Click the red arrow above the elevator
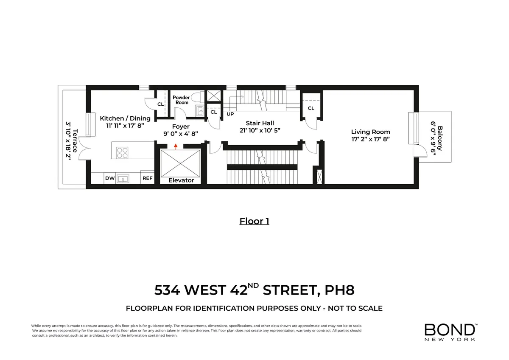[x=176, y=147]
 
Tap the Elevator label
[x=181, y=180]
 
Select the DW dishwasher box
[x=109, y=178]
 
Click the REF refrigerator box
[x=147, y=178]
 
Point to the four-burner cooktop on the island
[x=123, y=152]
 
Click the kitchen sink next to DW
[x=123, y=179]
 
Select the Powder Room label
[x=181, y=100]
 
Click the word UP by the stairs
[x=230, y=114]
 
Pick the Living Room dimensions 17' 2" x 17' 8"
[x=370, y=139]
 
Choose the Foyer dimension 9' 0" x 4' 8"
[x=181, y=133]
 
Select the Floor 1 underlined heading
[x=254, y=221]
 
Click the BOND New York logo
[x=450, y=332]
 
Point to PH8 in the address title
[x=339, y=290]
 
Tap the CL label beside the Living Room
[x=311, y=108]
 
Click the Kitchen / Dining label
[x=125, y=118]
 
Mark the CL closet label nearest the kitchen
[x=160, y=104]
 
